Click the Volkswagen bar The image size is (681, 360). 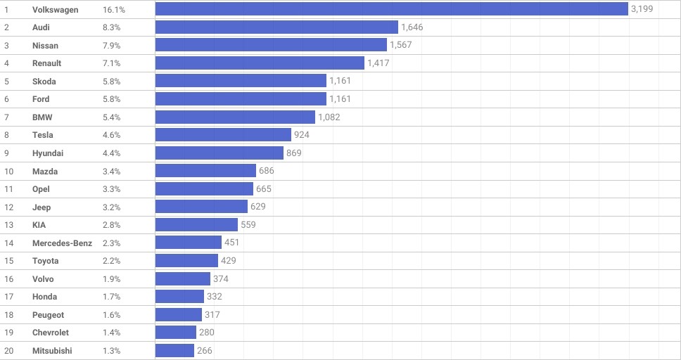pyautogui.click(x=391, y=9)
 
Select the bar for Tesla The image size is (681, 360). pyautogui.click(x=223, y=134)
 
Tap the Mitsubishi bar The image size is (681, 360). pyautogui.click(x=174, y=350)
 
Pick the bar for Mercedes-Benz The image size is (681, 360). pyautogui.click(x=189, y=243)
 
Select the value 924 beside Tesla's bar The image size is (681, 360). pyautogui.click(x=302, y=134)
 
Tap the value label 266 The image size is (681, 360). pyautogui.click(x=205, y=350)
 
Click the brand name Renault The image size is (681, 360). pyautogui.click(x=46, y=63)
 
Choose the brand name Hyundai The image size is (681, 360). pyautogui.click(x=48, y=153)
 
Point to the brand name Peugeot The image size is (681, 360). pyautogui.click(x=48, y=314)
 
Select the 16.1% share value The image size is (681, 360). pyautogui.click(x=113, y=10)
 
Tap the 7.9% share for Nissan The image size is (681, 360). pyautogui.click(x=111, y=45)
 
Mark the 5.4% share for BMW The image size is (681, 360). pyautogui.click(x=111, y=117)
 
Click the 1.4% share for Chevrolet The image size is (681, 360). pyautogui.click(x=111, y=332)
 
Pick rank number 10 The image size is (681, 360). pyautogui.click(x=8, y=171)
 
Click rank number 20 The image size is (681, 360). pyautogui.click(x=8, y=350)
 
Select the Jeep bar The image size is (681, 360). pyautogui.click(x=201, y=207)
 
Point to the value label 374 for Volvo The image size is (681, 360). pyautogui.click(x=221, y=278)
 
